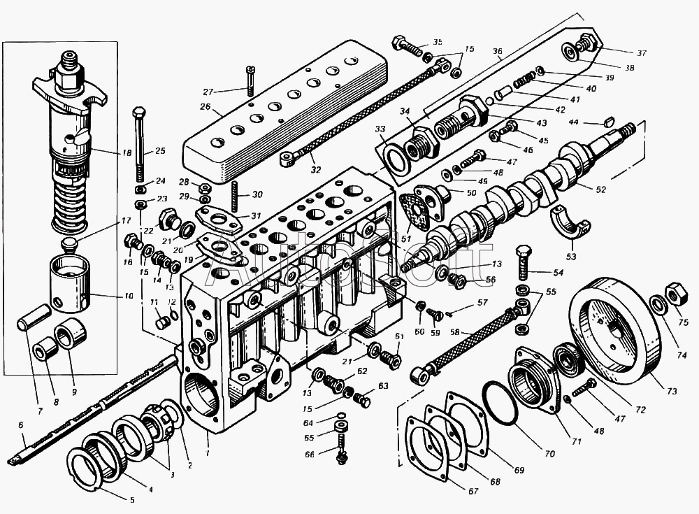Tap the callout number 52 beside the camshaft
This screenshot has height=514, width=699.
(601, 189)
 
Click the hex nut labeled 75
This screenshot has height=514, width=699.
(675, 292)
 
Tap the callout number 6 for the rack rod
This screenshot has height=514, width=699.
(21, 424)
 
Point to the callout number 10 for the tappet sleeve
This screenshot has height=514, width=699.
(128, 297)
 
